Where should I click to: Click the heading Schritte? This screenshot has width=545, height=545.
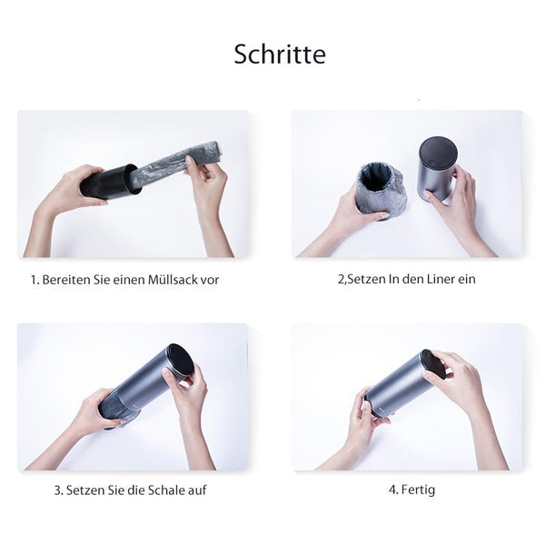point(280,54)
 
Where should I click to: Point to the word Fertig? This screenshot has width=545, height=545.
point(418,490)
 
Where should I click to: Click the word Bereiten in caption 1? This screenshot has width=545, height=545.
point(66,280)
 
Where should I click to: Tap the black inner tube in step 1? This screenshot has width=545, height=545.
point(110,182)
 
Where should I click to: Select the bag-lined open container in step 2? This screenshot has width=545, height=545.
point(381,190)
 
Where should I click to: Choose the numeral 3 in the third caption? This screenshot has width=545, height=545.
point(57,490)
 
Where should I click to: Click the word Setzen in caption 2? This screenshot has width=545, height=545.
point(366,279)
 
